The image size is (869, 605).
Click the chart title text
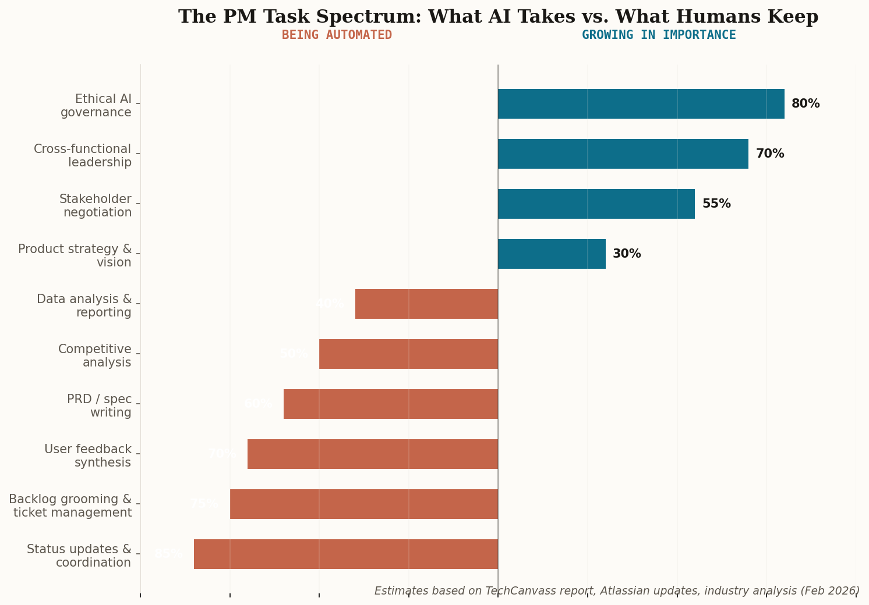(498, 17)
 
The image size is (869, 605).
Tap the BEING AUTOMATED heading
(337, 35)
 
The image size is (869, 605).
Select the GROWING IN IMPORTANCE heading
(659, 35)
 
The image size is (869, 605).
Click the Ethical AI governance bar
(641, 104)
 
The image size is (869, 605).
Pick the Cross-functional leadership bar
(623, 154)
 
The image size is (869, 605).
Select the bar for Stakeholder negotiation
(596, 204)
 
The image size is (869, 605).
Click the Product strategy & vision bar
(552, 254)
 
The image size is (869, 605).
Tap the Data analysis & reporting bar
(426, 304)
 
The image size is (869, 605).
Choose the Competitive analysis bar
(408, 354)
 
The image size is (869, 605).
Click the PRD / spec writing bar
(390, 404)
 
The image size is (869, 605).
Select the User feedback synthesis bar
(373, 454)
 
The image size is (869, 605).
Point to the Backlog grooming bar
(364, 504)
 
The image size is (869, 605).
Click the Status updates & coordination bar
(346, 554)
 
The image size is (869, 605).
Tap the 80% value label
(805, 104)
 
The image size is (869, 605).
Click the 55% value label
(716, 204)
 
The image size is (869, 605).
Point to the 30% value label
(627, 254)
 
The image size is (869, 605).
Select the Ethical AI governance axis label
(96, 106)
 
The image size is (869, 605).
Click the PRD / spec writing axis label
(99, 406)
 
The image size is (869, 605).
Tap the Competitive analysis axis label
(95, 356)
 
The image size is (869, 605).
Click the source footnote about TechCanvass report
(617, 591)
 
